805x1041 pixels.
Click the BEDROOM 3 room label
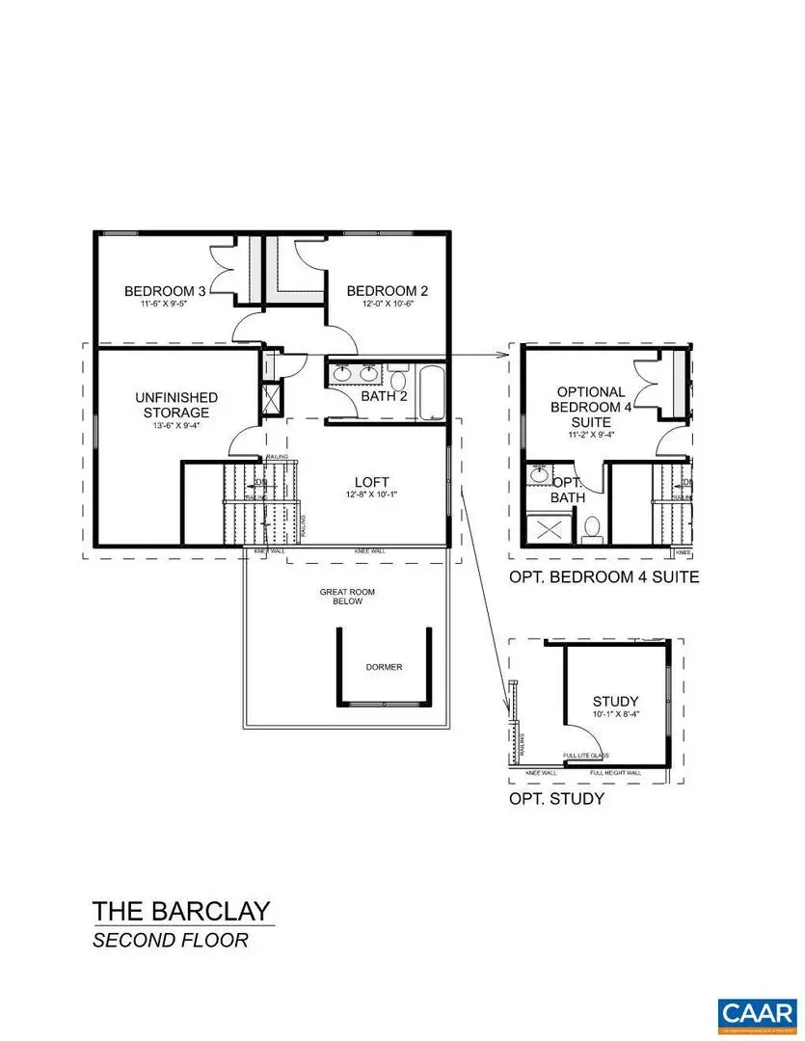click(x=165, y=291)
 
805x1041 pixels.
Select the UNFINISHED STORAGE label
click(x=176, y=405)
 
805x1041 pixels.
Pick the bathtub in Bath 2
click(x=431, y=392)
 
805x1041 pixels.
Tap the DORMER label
click(x=384, y=667)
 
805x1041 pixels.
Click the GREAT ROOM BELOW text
click(x=342, y=595)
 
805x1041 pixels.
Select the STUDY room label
click(x=616, y=702)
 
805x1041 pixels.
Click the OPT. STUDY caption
click(x=556, y=799)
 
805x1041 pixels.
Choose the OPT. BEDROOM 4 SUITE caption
click(x=604, y=578)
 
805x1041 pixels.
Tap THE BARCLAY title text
click(x=181, y=911)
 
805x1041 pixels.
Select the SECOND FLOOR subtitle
click(x=170, y=940)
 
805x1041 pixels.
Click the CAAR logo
click(x=758, y=1012)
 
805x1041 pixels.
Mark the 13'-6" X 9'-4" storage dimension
click(x=176, y=427)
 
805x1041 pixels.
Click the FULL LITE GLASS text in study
click(x=585, y=757)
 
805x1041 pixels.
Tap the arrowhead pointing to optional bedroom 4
click(x=503, y=356)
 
